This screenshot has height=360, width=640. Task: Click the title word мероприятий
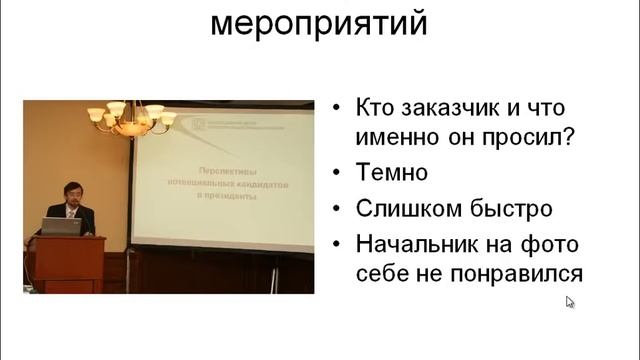click(319, 21)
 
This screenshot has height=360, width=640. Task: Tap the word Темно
click(392, 172)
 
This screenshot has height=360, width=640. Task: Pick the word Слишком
click(401, 209)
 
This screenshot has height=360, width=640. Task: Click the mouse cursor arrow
click(571, 302)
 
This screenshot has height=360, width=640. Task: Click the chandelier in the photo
click(129, 117)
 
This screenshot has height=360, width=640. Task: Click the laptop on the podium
click(61, 227)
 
